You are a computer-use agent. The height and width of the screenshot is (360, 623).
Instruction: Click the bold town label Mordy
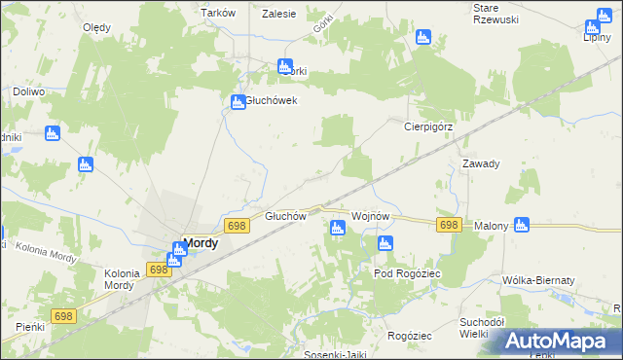click(x=201, y=244)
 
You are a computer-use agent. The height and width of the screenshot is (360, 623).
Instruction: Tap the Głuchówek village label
click(x=271, y=100)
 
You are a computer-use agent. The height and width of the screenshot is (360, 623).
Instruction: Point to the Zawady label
click(x=481, y=163)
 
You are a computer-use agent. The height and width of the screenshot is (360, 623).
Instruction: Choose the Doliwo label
click(x=29, y=91)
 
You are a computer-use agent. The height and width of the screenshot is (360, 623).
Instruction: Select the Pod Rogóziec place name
click(x=408, y=273)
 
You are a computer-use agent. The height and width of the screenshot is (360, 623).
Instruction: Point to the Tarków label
click(x=218, y=13)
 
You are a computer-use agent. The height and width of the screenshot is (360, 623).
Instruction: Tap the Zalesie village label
click(x=279, y=13)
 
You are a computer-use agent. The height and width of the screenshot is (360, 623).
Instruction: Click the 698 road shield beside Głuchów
click(x=236, y=226)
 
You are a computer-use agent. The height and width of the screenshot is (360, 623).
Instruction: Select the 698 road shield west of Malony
click(x=448, y=225)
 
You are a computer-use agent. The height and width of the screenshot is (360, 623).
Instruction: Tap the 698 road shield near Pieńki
click(x=64, y=316)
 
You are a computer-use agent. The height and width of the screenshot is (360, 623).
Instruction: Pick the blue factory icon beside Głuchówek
click(x=238, y=102)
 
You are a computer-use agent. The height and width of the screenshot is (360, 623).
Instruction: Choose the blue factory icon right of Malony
click(x=521, y=225)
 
